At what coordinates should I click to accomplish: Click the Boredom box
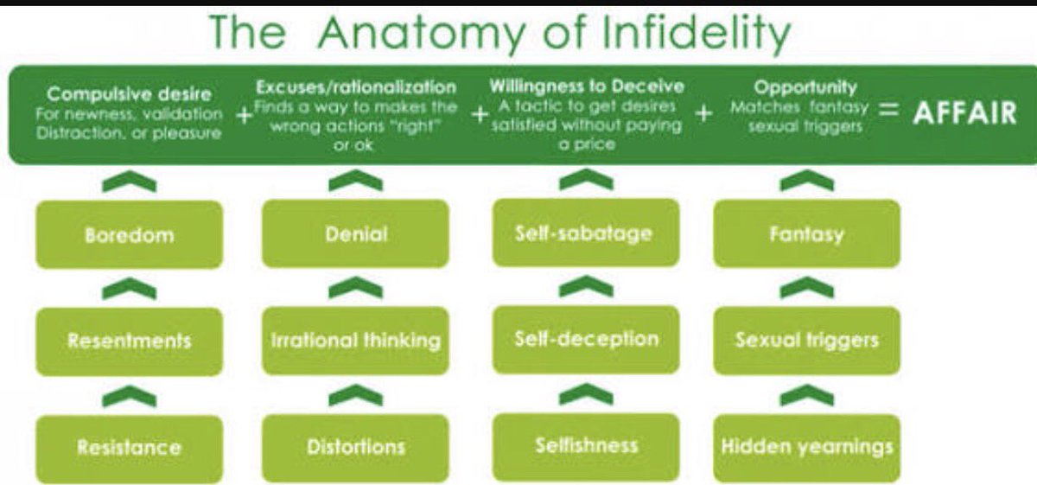(129, 234)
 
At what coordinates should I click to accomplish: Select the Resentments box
(129, 340)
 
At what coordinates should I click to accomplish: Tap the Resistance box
(129, 447)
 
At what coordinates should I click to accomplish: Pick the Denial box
(355, 234)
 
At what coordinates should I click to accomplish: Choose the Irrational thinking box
(355, 340)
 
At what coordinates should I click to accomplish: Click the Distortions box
(355, 447)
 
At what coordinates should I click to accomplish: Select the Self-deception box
(586, 339)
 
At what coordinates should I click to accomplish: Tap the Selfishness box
(586, 446)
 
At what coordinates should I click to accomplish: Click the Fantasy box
(806, 233)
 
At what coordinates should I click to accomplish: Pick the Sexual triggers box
(806, 340)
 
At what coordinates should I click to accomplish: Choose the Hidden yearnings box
(806, 447)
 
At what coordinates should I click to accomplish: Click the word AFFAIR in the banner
(964, 113)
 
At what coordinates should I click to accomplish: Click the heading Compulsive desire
(129, 93)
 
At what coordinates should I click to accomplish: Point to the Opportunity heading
(805, 87)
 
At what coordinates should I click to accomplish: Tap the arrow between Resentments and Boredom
(129, 290)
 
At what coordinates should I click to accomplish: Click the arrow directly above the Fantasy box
(806, 182)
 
